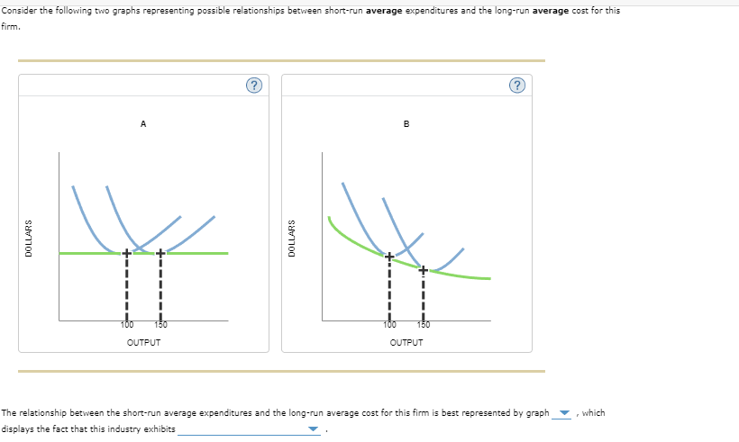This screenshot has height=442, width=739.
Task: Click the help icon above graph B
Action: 516,86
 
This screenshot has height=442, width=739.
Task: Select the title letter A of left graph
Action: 143,124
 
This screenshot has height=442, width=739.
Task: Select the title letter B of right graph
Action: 406,124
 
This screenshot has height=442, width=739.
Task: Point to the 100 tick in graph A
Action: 127,324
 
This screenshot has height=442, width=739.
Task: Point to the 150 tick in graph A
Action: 160,324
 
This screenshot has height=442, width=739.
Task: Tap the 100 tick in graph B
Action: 389,324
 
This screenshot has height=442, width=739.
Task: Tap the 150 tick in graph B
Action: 422,324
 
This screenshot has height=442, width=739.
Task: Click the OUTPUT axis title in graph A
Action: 143,342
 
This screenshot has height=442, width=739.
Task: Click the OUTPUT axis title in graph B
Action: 406,342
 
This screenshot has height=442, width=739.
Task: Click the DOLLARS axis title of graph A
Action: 29,239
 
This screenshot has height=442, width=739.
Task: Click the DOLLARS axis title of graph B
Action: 291,239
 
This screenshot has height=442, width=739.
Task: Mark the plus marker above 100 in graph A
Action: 127,254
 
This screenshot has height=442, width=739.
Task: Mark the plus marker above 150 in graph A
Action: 160,254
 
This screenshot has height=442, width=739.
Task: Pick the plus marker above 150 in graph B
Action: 422,268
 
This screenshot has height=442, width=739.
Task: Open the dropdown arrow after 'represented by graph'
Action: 565,414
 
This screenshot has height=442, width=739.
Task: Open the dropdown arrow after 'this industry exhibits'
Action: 314,429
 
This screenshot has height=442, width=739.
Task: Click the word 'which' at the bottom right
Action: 594,413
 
